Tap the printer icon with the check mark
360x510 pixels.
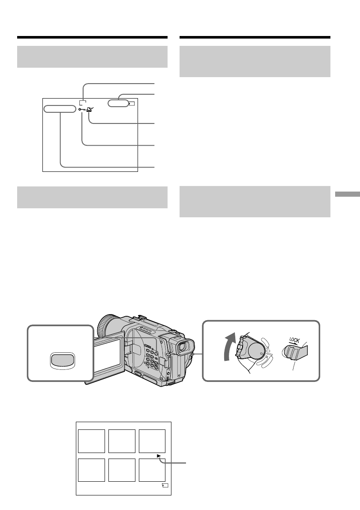pyautogui.click(x=90, y=110)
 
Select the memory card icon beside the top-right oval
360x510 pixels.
pyautogui.click(x=133, y=103)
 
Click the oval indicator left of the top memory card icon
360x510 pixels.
pyautogui.click(x=118, y=103)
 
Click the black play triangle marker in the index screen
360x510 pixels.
pyautogui.click(x=159, y=456)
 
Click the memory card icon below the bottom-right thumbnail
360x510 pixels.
pyautogui.click(x=165, y=486)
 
